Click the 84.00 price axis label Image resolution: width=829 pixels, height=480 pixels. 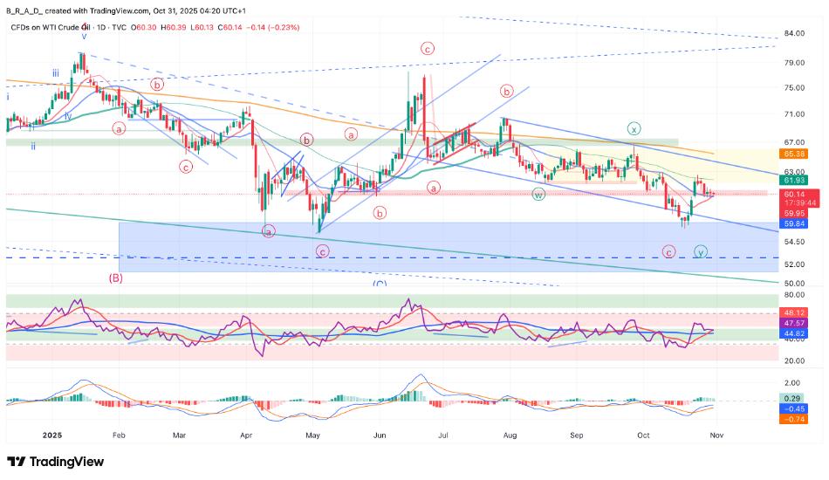[793, 33]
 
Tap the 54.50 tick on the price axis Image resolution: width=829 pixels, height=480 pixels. [793, 242]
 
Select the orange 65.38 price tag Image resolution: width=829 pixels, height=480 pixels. [793, 153]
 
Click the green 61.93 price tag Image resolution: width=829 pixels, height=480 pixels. [793, 180]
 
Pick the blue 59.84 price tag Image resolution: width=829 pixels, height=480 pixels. [793, 223]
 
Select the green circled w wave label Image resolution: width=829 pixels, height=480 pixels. [539, 194]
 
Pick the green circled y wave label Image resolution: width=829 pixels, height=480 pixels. [700, 251]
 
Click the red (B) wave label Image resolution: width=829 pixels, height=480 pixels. [115, 278]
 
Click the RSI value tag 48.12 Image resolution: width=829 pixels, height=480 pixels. [793, 312]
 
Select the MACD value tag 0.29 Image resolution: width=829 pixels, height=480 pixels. [793, 397]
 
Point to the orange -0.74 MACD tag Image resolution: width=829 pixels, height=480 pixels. [793, 420]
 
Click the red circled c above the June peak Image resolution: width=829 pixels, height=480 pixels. [428, 49]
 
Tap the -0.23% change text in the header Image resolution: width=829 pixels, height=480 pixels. [284, 28]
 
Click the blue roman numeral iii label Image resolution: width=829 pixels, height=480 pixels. [55, 73]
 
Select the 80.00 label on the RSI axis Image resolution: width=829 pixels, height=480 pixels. [793, 296]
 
